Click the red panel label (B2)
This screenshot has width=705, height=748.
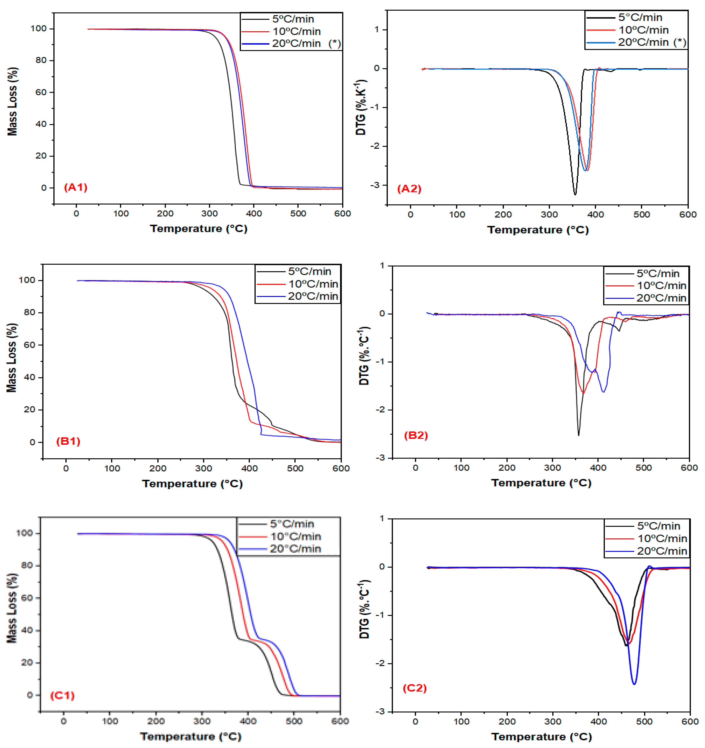pyautogui.click(x=416, y=435)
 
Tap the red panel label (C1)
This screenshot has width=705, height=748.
pyautogui.click(x=62, y=695)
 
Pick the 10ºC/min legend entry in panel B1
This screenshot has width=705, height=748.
pyautogui.click(x=313, y=284)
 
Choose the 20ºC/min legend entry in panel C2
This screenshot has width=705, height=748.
pyautogui.click(x=662, y=551)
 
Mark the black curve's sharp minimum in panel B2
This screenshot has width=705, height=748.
pyautogui.click(x=578, y=435)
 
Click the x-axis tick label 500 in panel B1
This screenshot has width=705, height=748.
pyautogui.click(x=295, y=468)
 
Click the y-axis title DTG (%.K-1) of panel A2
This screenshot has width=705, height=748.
pyautogui.click(x=361, y=107)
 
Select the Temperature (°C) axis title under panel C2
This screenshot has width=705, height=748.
pyautogui.click(x=541, y=737)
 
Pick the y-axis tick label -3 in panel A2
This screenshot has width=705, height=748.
pyautogui.click(x=376, y=185)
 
